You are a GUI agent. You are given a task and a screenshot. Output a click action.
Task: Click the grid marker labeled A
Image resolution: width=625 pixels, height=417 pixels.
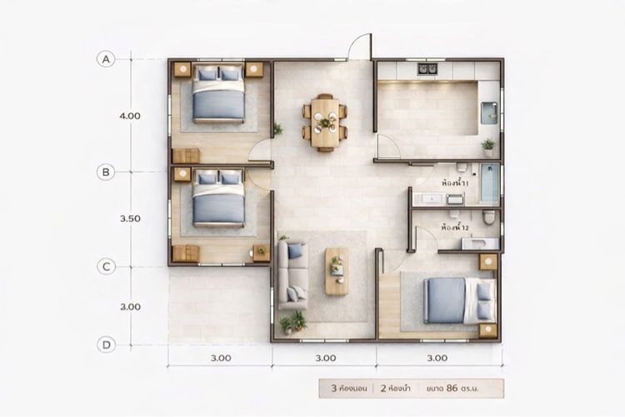[x=106, y=59]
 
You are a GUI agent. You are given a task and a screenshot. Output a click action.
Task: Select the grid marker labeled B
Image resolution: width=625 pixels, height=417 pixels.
[x=106, y=172]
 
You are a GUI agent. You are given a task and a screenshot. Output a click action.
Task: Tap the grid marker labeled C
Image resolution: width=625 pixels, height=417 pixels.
[x=106, y=267]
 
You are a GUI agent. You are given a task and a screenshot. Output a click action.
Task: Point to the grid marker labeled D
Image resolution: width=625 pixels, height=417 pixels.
[x=106, y=344]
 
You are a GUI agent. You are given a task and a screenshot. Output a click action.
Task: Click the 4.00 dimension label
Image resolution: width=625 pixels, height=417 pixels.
[x=130, y=116]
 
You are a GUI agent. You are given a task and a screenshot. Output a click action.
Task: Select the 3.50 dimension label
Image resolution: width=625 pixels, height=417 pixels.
[x=130, y=219]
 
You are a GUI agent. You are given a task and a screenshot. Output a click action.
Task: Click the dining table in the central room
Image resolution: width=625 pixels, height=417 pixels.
[x=325, y=123]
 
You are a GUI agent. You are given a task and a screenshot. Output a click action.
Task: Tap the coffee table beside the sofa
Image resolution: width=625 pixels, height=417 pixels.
[x=337, y=271]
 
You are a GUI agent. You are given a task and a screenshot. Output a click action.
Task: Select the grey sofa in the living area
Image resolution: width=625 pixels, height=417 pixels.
[x=293, y=275]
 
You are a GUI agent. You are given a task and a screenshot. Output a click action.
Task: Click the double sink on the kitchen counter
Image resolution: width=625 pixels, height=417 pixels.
[x=427, y=69]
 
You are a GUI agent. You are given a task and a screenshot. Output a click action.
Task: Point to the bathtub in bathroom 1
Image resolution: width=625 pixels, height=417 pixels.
[x=490, y=183]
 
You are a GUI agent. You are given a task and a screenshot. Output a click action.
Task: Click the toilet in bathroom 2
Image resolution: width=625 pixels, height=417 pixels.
[x=488, y=217]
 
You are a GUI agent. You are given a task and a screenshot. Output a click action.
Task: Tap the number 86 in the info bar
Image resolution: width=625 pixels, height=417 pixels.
[x=452, y=388]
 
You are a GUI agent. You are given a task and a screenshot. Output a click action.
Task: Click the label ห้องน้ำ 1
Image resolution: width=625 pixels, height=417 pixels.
[x=454, y=183]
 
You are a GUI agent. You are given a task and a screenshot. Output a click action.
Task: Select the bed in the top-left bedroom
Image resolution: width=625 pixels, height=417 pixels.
[x=218, y=93]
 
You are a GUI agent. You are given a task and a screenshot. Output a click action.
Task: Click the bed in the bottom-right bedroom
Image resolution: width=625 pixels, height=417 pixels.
[x=459, y=300]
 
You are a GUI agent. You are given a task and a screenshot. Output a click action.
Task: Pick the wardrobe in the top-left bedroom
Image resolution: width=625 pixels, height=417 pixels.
[x=186, y=156]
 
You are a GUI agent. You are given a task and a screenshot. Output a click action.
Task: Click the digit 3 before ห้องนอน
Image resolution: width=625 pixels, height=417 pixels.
[x=334, y=389]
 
